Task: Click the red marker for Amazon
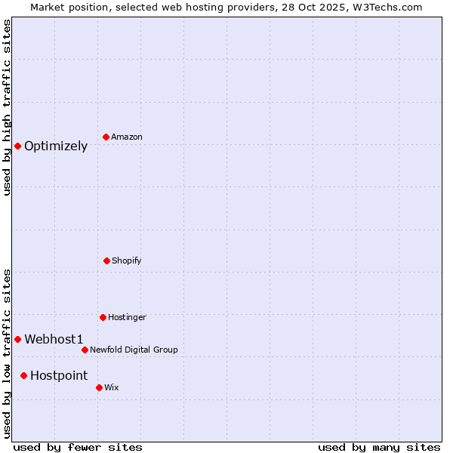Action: (106, 137)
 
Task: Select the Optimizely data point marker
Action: (17, 146)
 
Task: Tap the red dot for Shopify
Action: (106, 260)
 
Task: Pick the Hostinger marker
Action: (103, 317)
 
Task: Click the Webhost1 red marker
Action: (17, 339)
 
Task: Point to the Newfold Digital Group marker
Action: (85, 350)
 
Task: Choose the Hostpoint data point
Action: (23, 375)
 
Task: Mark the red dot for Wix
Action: (99, 387)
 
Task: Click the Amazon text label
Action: (127, 137)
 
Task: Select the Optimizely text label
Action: (56, 146)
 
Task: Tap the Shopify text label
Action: (127, 260)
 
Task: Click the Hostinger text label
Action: (127, 317)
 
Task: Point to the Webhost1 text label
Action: (54, 340)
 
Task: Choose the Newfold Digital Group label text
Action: (134, 350)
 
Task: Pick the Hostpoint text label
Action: (59, 376)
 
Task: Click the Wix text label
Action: (112, 387)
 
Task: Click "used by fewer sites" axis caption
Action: (78, 447)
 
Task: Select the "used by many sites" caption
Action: (379, 447)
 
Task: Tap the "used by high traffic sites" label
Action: (7, 107)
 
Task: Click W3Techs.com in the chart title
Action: (385, 7)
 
